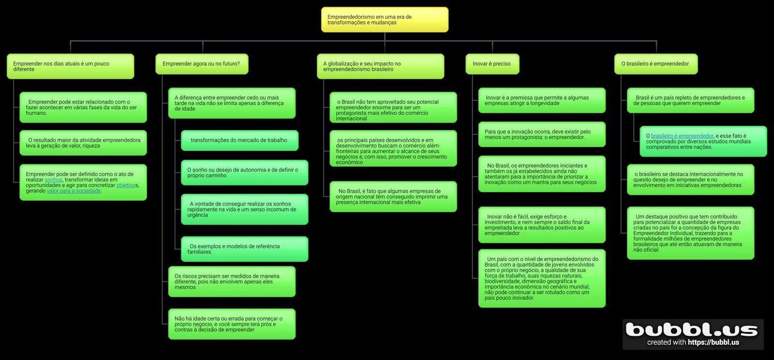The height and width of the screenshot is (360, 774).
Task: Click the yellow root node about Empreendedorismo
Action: pyautogui.click(x=385, y=20)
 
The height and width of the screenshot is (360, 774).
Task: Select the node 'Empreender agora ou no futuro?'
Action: pyautogui.click(x=202, y=64)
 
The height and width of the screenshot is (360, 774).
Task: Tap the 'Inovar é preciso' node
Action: pyautogui.click(x=492, y=64)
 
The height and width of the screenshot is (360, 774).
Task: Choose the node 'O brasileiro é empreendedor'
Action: pyautogui.click(x=656, y=64)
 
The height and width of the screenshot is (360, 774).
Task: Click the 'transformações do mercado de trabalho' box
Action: pyautogui.click(x=239, y=140)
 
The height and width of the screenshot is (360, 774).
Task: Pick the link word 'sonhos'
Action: pyautogui.click(x=53, y=180)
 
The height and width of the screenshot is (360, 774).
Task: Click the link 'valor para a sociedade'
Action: pyautogui.click(x=74, y=191)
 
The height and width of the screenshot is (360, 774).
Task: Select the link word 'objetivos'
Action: pyautogui.click(x=127, y=185)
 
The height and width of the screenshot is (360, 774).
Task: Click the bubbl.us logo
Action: pyautogui.click(x=692, y=330)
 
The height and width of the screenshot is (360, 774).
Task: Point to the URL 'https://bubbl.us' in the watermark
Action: pyautogui.click(x=713, y=343)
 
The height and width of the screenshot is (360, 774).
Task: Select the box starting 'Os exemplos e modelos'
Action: pyautogui.click(x=244, y=249)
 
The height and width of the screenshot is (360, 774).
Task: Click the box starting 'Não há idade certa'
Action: pyautogui.click(x=231, y=324)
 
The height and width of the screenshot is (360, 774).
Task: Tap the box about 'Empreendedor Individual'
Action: pyautogui.click(x=690, y=233)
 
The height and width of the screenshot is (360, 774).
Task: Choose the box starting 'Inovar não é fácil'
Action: pyautogui.click(x=542, y=225)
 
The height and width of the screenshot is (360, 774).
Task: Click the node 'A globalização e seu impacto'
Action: pyautogui.click(x=380, y=67)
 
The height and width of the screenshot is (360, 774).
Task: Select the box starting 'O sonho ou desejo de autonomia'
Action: pyautogui.click(x=244, y=173)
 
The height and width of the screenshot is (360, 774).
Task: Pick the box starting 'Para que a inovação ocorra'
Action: pyautogui.click(x=542, y=135)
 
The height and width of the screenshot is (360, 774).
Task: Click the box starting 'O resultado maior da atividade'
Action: pyautogui.click(x=83, y=143)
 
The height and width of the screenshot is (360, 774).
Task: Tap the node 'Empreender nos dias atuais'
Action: pyautogui.click(x=70, y=67)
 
